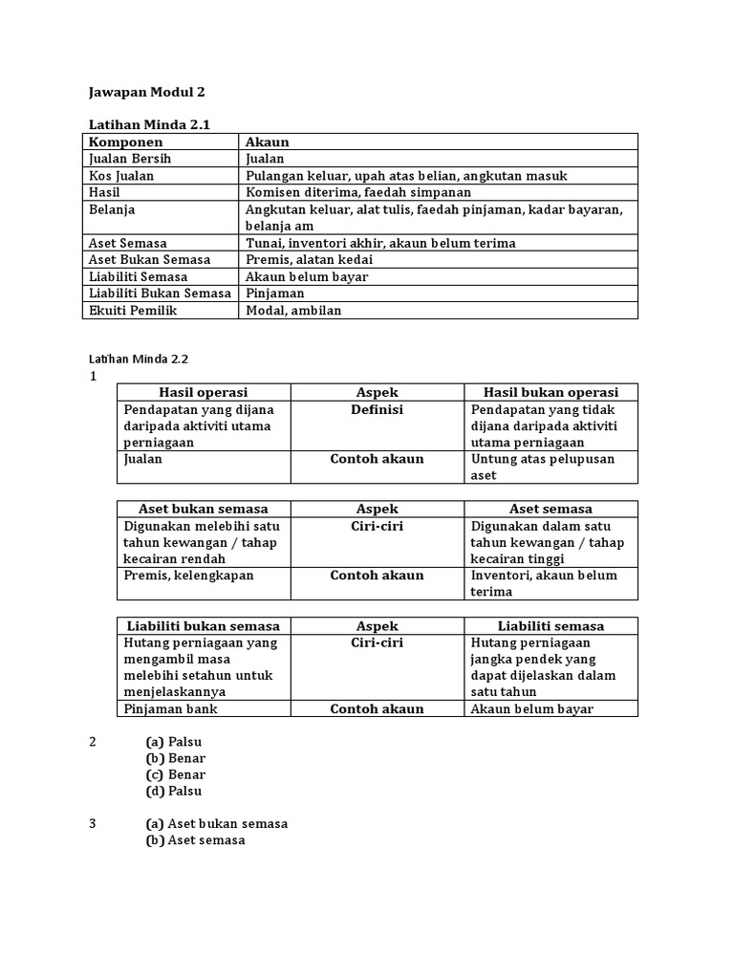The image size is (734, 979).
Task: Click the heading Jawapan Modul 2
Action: (146, 92)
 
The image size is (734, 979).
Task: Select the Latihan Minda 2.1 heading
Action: (148, 125)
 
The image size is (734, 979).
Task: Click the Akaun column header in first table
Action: (267, 141)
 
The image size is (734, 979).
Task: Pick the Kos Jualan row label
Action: (120, 176)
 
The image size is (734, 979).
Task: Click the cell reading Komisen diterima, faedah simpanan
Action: (358, 192)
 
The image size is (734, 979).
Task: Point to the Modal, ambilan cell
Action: (293, 310)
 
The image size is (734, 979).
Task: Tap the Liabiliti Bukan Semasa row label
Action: (159, 294)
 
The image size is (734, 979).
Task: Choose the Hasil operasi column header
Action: (203, 392)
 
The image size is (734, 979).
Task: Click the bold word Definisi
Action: (377, 409)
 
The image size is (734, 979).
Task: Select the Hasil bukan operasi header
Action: (550, 392)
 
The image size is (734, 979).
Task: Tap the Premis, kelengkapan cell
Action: (188, 576)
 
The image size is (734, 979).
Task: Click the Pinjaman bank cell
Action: (170, 708)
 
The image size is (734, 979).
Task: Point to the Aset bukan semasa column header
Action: (204, 509)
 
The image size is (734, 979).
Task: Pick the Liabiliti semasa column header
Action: (550, 626)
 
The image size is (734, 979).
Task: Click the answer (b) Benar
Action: (176, 758)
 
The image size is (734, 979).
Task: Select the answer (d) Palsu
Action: (174, 791)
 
